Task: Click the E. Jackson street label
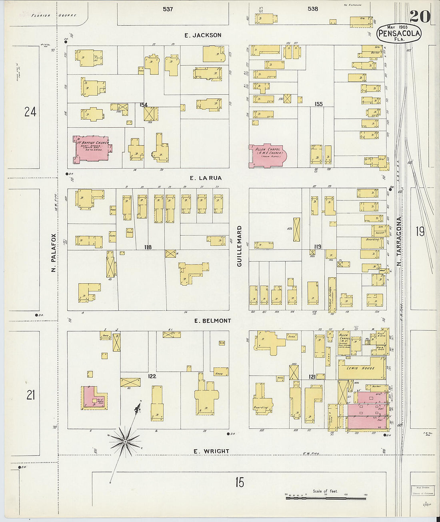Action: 203,35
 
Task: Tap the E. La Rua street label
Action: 205,178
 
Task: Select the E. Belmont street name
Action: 212,321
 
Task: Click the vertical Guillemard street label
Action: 239,246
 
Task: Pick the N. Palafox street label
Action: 54,253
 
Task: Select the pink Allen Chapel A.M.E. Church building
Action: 267,155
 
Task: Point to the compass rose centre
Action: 125,441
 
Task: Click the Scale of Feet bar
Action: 326,498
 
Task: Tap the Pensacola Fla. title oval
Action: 399,33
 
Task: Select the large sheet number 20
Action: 420,16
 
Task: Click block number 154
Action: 144,105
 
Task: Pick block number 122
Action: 152,376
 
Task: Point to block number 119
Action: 317,246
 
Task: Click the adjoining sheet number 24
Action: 30,112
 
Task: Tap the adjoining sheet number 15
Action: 239,482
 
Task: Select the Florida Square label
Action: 54,16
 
